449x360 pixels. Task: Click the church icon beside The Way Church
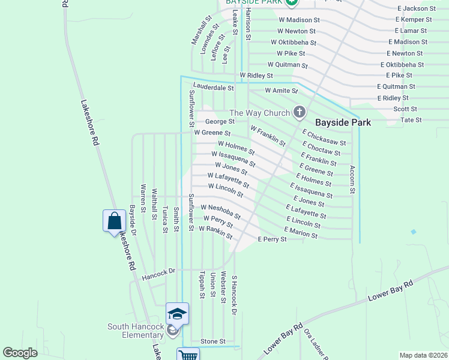pos(299,112)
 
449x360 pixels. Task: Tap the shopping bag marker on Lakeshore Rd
pos(114,221)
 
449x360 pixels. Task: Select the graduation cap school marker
pos(178,314)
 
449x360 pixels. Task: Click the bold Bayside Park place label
pos(344,122)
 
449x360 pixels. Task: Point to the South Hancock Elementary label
pos(136,331)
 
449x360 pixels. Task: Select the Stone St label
pos(212,341)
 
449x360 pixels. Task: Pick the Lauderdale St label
pos(213,88)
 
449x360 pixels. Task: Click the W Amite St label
pos(282,91)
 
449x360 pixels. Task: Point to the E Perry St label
pos(272,239)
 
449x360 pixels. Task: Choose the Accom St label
pos(353,179)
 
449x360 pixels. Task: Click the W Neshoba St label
pos(221,211)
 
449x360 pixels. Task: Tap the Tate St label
pos(411,120)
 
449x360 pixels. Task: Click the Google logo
pos(20,353)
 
